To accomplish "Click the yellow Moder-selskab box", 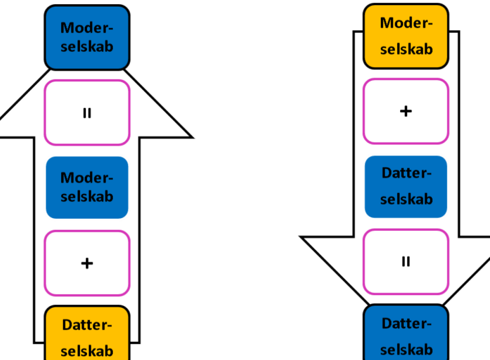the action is [406, 36].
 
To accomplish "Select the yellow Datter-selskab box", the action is [87, 333].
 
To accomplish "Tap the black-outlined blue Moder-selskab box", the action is [87, 37].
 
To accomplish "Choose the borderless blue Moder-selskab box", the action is [87, 187].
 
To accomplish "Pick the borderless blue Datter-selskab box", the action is [406, 186].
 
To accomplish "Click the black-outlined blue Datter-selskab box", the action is [406, 332].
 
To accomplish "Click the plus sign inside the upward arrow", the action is [87, 263].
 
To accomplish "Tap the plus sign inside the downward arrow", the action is [406, 111].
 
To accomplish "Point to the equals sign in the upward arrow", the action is [87, 113].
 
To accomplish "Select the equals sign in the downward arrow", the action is [406, 262].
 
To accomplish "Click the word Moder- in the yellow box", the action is [406, 23].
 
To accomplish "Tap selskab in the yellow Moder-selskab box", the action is [406, 49].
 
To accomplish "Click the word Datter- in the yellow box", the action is [87, 325].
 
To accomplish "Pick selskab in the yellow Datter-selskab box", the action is [87, 351].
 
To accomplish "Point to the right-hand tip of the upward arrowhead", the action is [193, 137].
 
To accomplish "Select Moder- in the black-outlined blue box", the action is [87, 28].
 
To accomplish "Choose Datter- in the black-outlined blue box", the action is [406, 323].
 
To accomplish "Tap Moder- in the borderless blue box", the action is [87, 178].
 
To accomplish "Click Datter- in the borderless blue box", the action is [406, 173].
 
